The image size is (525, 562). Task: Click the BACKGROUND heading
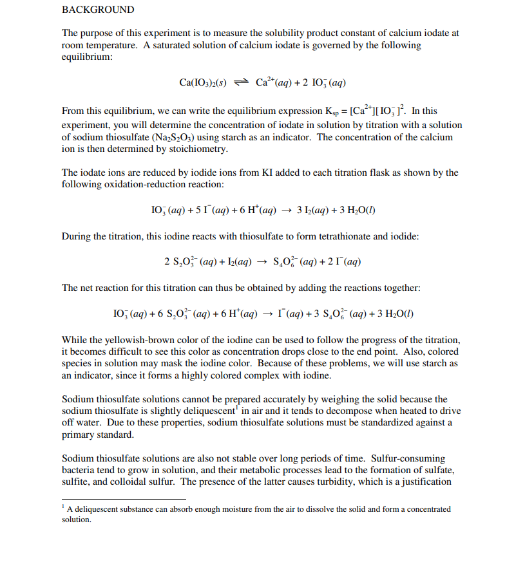[x=98, y=10]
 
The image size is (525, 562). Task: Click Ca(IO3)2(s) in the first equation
[x=206, y=82]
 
